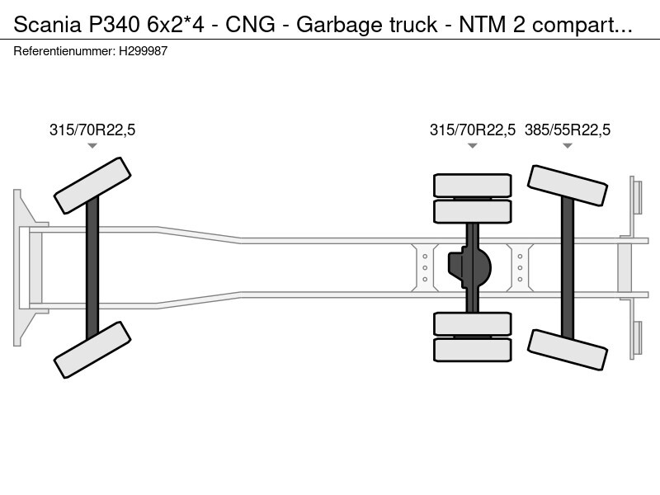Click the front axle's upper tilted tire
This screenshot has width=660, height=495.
92,186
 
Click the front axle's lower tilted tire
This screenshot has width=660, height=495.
92,350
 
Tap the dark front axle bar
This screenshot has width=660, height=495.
92,267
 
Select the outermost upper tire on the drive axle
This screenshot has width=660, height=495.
473,185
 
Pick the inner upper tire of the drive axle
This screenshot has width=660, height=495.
473,212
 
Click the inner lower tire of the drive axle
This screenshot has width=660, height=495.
473,323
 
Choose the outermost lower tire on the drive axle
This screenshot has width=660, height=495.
473,350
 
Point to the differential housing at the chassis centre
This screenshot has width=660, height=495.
469,267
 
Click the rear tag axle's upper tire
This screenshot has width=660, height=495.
568,186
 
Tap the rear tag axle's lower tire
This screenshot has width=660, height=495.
568,350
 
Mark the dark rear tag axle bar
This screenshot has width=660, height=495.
568,267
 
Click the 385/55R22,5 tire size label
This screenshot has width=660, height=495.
568,130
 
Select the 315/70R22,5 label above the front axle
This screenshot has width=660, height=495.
92,130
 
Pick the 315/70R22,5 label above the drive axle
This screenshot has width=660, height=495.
473,130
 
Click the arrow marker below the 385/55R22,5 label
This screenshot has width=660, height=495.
568,146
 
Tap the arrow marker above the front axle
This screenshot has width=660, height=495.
92,146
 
